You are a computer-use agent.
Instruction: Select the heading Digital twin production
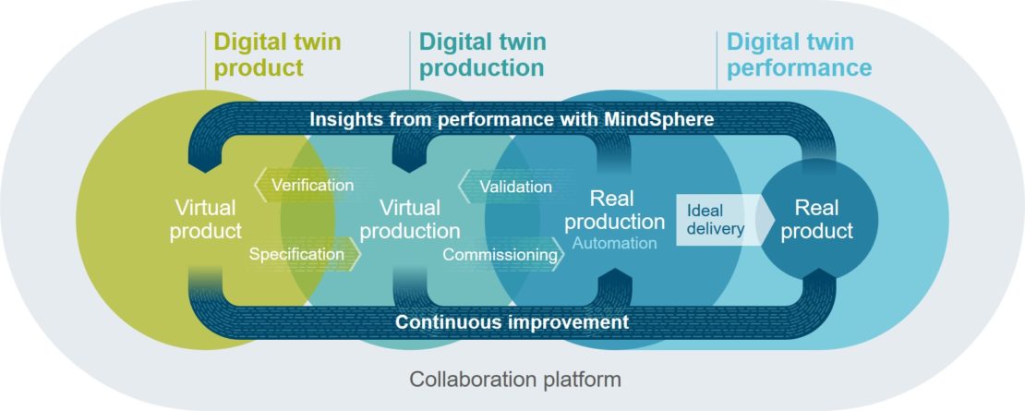click(482, 54)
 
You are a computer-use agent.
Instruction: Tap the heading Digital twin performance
click(799, 54)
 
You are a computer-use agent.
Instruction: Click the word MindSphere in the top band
click(659, 119)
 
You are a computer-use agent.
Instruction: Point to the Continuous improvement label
click(512, 322)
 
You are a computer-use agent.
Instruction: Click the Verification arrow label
click(312, 185)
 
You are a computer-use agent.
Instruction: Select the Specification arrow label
click(295, 253)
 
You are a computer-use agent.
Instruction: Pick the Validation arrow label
click(515, 187)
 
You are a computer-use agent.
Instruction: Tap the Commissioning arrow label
click(501, 253)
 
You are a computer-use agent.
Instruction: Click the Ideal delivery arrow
click(716, 220)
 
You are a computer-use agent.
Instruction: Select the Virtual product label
click(205, 218)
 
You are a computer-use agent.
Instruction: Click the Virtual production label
click(410, 219)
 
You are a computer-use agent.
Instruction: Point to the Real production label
click(614, 211)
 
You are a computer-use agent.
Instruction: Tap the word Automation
click(614, 243)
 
